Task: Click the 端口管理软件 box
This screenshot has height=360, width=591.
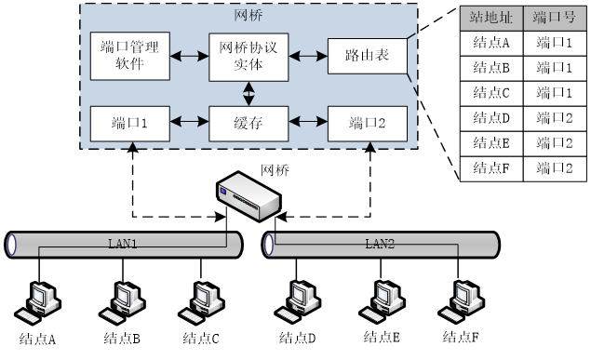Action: point(130,56)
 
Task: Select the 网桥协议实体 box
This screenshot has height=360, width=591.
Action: point(248,58)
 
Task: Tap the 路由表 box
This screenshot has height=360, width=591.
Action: point(368,56)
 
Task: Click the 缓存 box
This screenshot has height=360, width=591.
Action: point(248,124)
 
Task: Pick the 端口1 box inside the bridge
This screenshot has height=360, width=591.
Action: point(130,124)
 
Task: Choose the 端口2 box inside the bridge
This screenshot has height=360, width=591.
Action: point(368,124)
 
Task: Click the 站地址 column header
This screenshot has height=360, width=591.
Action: point(491,18)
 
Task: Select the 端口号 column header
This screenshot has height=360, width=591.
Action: point(555,18)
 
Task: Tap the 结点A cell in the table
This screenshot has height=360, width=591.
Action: point(491,44)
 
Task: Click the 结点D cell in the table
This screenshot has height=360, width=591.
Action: point(491,119)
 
